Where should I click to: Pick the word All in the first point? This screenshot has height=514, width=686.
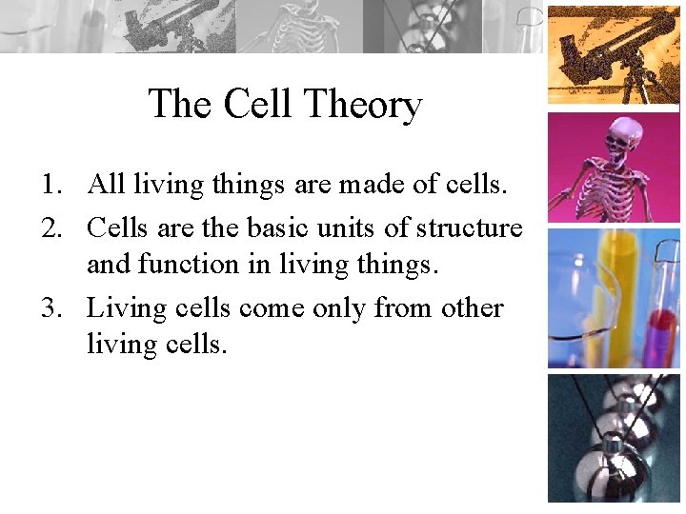[x=106, y=184]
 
